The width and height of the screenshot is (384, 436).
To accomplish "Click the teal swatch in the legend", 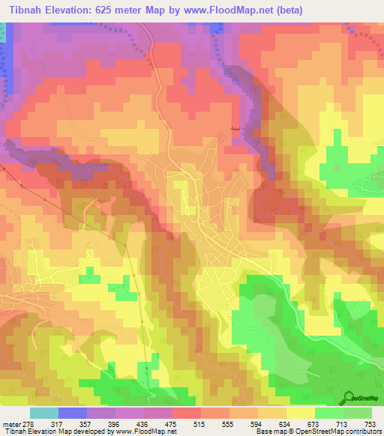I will click(43, 413).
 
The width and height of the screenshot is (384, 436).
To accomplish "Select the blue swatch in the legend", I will click(73, 413).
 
